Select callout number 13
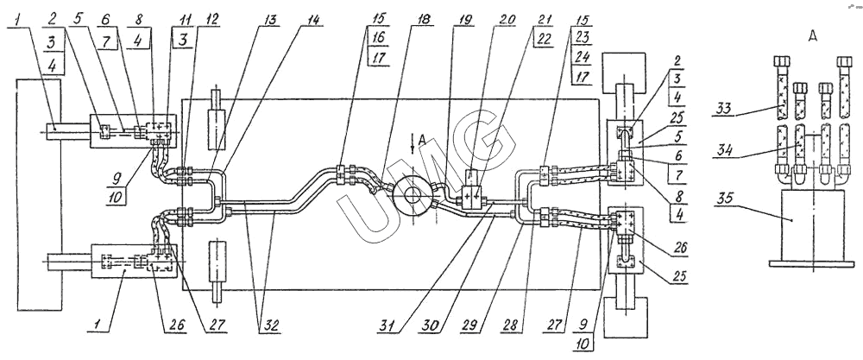tap(270, 19)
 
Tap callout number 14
tap(314, 19)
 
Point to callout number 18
tap(424, 19)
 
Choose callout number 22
tap(544, 40)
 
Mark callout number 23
tap(581, 40)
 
